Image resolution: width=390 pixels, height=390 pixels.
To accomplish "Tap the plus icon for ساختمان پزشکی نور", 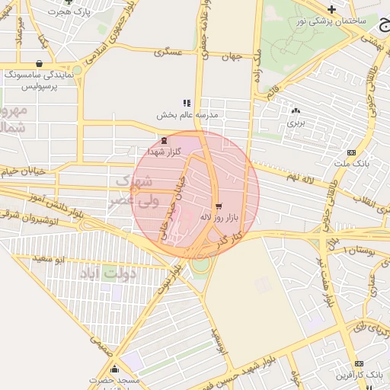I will [331, 8].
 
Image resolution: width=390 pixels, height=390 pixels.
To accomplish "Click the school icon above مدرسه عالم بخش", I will [187, 103].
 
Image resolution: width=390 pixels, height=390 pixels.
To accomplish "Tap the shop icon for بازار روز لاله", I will [219, 206].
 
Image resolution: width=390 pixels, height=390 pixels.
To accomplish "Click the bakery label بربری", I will [296, 122].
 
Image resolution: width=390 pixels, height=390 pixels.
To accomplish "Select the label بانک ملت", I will [351, 164].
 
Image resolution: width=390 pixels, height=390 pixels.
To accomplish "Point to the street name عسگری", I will [168, 53].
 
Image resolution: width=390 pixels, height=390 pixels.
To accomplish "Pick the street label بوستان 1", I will [356, 251].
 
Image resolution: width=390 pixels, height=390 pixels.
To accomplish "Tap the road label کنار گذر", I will [229, 238].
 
